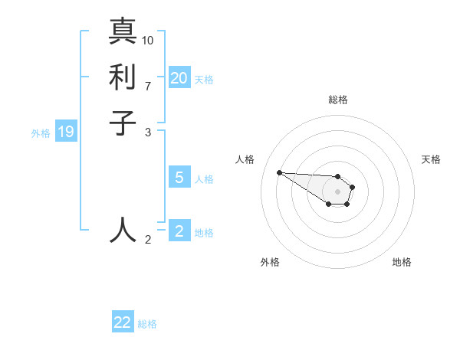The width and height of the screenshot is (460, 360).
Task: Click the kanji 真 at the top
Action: coord(123,32)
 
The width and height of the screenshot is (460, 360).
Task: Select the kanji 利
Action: coord(123,77)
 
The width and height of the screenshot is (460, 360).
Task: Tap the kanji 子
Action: coord(123,122)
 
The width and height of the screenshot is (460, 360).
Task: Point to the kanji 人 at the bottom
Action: coord(123,230)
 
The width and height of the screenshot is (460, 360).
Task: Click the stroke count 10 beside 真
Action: coord(148,40)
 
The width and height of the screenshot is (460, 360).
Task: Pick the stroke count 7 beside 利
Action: coord(148,85)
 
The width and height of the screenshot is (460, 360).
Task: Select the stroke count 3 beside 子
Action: coord(148,132)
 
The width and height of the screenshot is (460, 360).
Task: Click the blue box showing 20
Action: coord(179,78)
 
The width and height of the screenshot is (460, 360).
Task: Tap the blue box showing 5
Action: coord(179,178)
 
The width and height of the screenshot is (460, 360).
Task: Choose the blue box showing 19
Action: coord(66,132)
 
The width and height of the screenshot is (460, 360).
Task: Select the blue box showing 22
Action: coord(123,322)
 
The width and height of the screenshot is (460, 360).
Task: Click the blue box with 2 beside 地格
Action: coord(179,231)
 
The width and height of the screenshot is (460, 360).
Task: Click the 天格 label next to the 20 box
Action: coord(204,80)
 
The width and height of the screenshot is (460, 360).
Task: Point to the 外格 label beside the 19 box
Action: coord(41,133)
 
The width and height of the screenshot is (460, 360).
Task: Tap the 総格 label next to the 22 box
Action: coord(147,324)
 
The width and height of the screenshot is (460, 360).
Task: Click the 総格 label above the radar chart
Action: coord(338,100)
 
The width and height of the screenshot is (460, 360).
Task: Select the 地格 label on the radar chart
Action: coord(402,262)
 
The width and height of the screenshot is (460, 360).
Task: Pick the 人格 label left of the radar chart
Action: coord(245,159)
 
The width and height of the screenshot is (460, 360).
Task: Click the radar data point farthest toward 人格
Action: coord(279,172)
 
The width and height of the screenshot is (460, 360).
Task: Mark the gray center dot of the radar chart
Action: coord(337,191)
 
